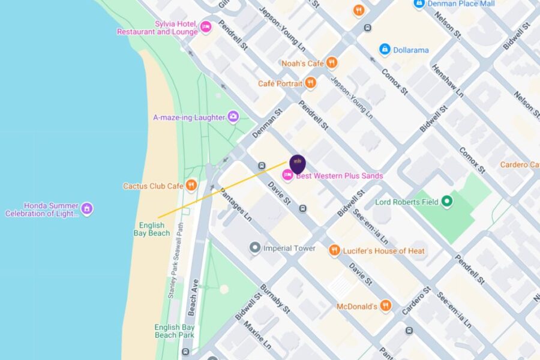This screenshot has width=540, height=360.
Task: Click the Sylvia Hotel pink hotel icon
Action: click(x=206, y=27)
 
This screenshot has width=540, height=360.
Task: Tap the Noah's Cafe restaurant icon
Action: click(x=332, y=62)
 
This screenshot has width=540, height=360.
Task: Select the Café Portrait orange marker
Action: click(x=310, y=83)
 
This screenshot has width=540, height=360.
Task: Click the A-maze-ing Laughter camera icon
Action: click(x=233, y=117)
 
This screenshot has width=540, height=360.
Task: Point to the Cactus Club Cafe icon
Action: click(x=191, y=185)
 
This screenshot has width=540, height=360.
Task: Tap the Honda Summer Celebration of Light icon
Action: click(x=87, y=209)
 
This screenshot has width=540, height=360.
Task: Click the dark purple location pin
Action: click(x=298, y=164)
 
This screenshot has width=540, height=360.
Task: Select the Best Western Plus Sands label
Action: click(x=339, y=176)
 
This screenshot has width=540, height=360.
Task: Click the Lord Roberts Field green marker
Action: click(x=446, y=202)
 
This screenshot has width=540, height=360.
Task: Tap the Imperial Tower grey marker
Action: click(x=255, y=248)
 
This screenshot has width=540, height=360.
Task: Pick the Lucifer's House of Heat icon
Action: click(x=334, y=250)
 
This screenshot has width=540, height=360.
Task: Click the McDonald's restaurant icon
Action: click(x=385, y=306)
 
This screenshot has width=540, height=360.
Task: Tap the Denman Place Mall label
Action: click(x=461, y=4)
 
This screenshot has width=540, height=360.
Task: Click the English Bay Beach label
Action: click(x=152, y=229)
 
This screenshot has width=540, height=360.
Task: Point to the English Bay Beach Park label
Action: click(x=175, y=331)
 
